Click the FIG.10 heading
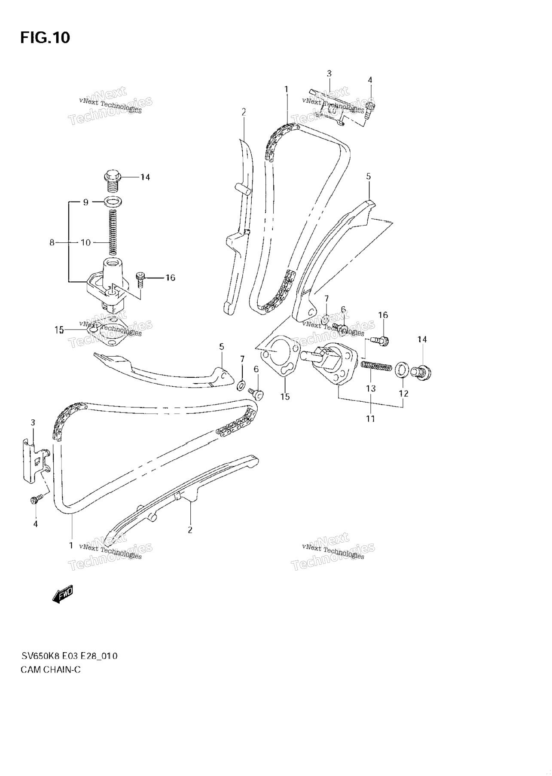(45, 38)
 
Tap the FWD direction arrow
(62, 594)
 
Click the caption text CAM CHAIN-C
(50, 669)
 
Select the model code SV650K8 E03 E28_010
(69, 656)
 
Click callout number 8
(52, 243)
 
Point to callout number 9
(85, 202)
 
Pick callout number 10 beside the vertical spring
(85, 243)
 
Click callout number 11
(370, 419)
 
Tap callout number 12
(403, 394)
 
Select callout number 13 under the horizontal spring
(370, 388)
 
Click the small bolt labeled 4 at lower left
(37, 499)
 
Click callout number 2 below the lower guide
(190, 530)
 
